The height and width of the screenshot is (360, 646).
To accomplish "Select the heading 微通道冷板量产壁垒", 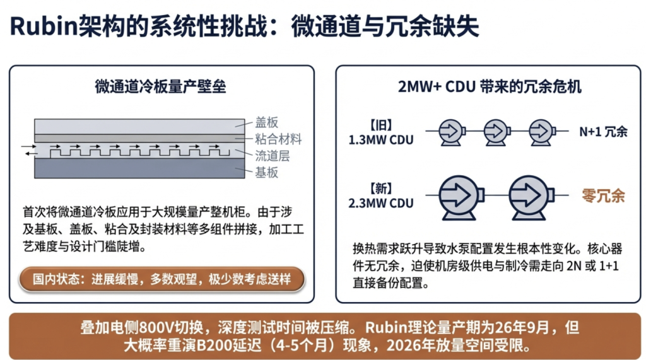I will click(160, 86).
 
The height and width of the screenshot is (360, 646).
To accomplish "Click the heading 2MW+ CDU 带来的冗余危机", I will click(489, 86).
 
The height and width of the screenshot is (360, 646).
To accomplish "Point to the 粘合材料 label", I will click(278, 139).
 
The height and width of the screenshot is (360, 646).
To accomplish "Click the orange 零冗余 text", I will click(603, 195).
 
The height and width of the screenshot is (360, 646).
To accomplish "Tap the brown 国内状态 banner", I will click(161, 279).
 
